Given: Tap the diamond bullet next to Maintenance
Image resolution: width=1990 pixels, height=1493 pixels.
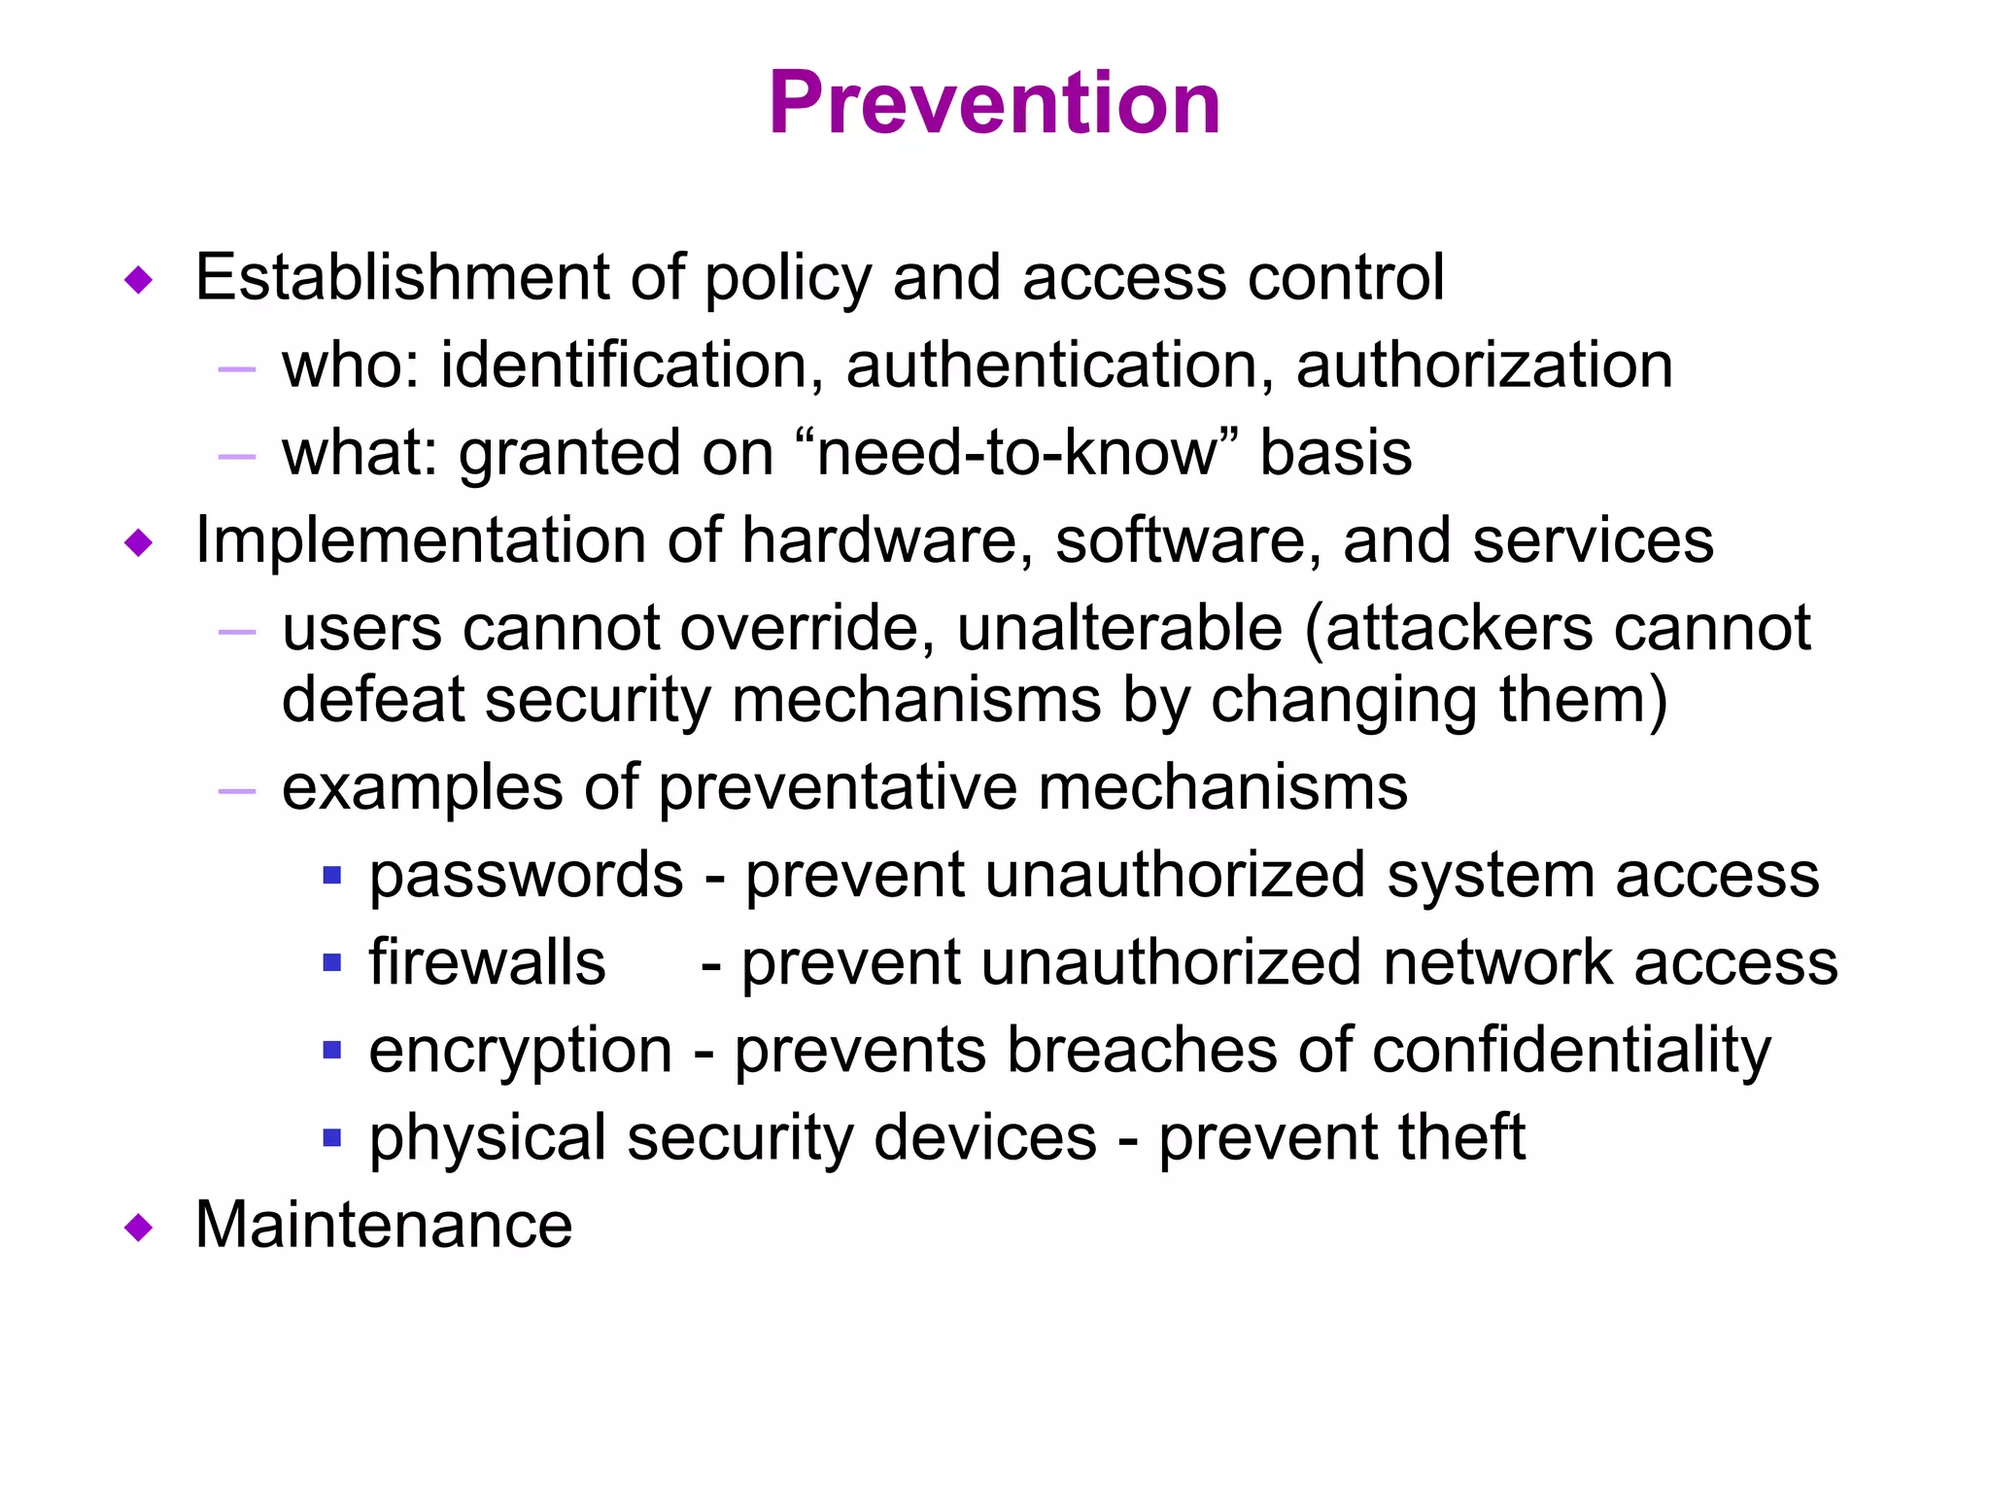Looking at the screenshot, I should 139,1228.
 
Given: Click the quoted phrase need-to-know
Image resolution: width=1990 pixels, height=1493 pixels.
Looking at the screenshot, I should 1016,453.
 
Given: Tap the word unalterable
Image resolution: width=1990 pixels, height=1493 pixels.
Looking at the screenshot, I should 1119,628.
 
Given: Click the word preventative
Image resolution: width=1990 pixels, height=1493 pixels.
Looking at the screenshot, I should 838,787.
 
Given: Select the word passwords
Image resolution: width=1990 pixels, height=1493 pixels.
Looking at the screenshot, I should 526,875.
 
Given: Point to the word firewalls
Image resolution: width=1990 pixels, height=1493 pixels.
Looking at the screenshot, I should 487,962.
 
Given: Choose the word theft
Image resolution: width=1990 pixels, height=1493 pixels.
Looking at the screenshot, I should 1461,1137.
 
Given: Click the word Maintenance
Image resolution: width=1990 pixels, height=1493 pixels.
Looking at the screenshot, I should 384,1225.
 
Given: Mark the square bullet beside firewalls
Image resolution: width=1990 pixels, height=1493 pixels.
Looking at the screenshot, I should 332,963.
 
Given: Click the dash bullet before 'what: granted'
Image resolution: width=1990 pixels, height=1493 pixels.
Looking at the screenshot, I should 237,456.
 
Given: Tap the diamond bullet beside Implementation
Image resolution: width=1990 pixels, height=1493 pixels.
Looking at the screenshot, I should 139,543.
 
